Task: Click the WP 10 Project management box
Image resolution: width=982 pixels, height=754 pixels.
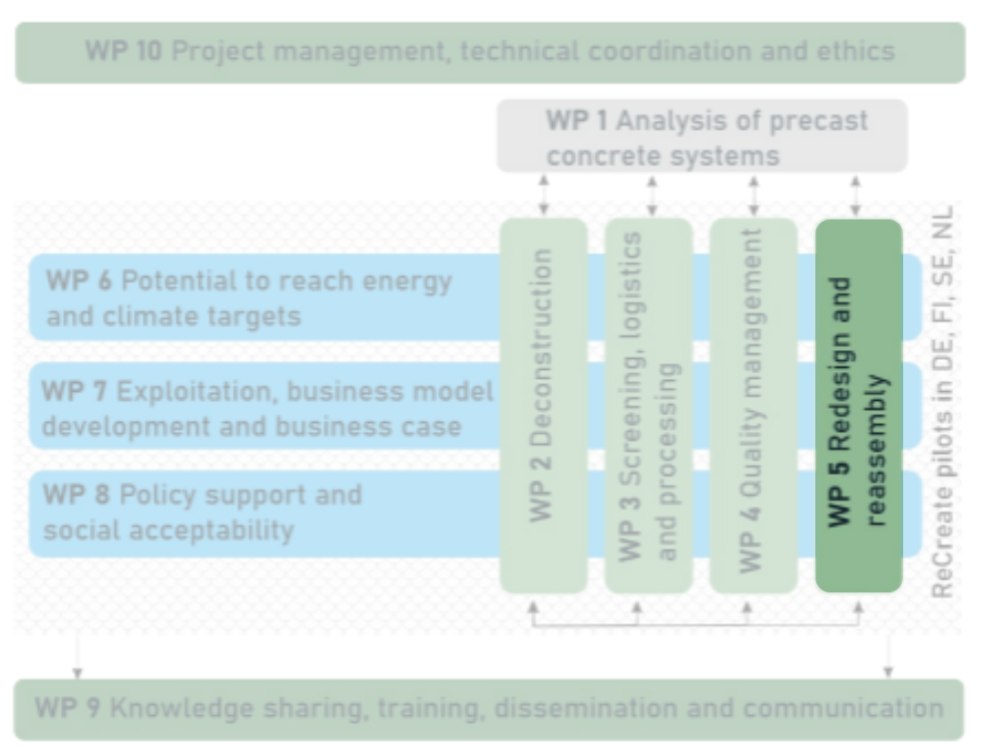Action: point(490,52)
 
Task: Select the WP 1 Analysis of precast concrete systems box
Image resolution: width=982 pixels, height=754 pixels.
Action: point(703,137)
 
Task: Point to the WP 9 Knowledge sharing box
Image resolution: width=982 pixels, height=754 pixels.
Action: point(490,709)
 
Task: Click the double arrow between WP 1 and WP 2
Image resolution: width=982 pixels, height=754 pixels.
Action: point(544,195)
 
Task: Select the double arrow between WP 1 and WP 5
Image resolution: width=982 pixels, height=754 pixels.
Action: point(855,195)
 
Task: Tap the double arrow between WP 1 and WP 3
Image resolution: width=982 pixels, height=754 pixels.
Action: point(652,195)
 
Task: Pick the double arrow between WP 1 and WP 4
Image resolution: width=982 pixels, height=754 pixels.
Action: point(753,195)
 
